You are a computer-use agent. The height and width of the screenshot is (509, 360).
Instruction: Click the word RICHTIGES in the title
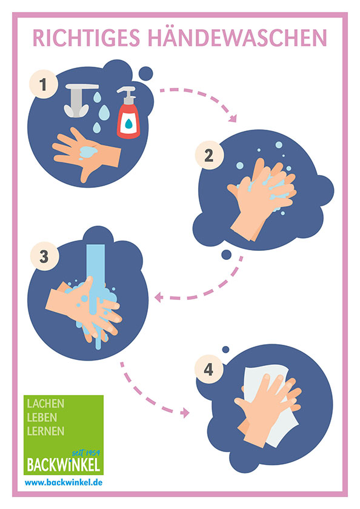point(86,38)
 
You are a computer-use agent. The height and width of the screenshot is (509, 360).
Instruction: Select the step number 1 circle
point(44,84)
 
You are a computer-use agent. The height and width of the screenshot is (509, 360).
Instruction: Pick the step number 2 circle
point(209,155)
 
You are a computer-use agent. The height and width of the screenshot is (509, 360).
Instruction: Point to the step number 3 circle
point(44,256)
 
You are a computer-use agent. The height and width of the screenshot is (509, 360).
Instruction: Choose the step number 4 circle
point(208,369)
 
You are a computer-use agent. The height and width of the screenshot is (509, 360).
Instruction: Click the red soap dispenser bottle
point(128,112)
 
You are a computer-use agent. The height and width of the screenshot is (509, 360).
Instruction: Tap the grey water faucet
point(80,100)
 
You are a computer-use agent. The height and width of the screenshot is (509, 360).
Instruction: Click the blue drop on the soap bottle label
point(129,124)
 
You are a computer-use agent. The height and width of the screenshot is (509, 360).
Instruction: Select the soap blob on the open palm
point(88,151)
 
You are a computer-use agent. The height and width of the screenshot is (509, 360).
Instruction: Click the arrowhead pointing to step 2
point(233,118)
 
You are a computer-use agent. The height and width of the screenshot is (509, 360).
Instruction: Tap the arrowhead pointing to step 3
point(158,297)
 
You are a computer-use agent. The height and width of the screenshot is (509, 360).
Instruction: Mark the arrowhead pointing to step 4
point(185,413)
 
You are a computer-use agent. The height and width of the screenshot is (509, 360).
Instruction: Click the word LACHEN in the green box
point(46,404)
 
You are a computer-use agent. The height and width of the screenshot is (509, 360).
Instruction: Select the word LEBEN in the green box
point(42,418)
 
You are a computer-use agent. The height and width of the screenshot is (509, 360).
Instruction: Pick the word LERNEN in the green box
point(46,431)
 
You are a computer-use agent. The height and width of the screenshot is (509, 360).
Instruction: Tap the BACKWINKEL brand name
point(63,465)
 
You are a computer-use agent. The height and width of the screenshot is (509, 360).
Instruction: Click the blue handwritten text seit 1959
point(85,453)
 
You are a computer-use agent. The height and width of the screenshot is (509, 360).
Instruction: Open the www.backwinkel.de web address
point(64,483)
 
